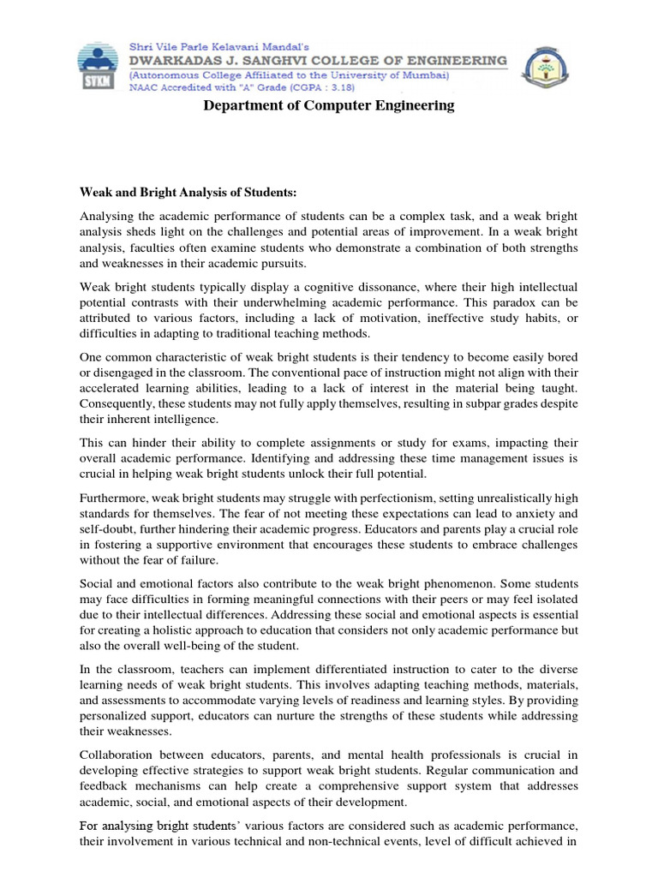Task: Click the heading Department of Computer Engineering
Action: click(329, 106)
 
